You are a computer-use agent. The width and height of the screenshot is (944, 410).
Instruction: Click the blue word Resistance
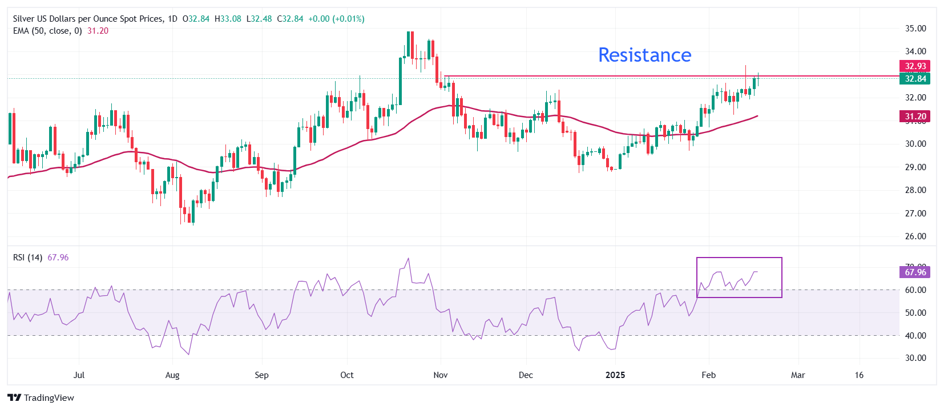[644, 55]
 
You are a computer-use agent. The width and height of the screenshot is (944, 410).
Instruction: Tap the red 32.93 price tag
[915, 66]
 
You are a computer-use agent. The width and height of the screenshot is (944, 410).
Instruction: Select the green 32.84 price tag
[915, 79]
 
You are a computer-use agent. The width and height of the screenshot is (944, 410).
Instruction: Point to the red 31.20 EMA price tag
[915, 116]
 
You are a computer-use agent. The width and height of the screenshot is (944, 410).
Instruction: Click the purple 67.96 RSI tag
[915, 272]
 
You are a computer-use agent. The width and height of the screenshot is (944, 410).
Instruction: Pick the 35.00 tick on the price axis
[915, 29]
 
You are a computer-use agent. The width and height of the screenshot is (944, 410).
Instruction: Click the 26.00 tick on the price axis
[915, 236]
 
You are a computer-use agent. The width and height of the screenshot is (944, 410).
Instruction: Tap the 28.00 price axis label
[915, 190]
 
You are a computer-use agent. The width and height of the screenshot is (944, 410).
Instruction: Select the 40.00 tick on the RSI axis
[915, 336]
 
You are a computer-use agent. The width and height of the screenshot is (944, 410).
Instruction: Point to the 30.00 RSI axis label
[915, 358]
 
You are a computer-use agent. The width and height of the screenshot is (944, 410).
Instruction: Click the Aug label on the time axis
[172, 375]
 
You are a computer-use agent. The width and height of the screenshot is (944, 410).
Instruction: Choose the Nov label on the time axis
[441, 375]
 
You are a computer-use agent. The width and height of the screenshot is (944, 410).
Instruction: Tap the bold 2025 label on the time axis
[615, 375]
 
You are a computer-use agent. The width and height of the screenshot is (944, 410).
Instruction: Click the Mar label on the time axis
[798, 375]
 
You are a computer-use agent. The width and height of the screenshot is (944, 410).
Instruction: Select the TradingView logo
[41, 398]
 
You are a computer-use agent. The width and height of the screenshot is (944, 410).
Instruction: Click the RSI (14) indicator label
[27, 258]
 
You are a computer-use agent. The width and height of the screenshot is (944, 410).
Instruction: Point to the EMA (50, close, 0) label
[47, 31]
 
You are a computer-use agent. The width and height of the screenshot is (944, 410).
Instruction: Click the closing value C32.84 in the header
[290, 19]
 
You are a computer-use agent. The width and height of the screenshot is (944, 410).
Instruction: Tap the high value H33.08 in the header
[228, 19]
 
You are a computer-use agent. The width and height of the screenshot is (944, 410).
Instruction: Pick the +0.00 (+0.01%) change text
[336, 19]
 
